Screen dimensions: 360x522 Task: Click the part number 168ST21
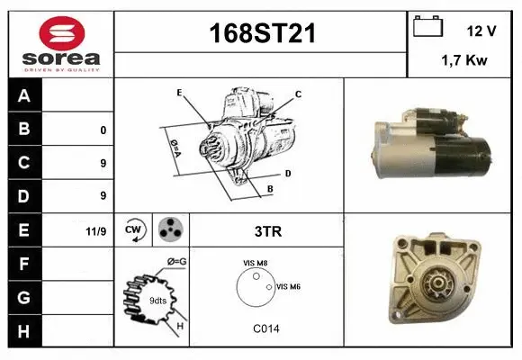[x=262, y=34]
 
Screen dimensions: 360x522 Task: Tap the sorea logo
[x=61, y=40]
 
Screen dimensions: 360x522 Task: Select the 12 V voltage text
[x=481, y=31]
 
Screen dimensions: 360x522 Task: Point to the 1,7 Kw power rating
[x=464, y=61]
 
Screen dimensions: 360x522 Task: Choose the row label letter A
[x=24, y=96]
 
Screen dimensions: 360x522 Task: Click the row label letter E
[x=24, y=229]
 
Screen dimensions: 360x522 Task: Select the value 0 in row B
[x=103, y=130]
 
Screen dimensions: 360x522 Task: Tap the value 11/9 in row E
[x=96, y=231]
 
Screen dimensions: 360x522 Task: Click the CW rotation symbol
[x=133, y=230]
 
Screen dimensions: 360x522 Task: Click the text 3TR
[x=268, y=231]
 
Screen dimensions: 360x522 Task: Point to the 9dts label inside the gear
[x=157, y=300]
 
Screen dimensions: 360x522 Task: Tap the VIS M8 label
[x=255, y=263]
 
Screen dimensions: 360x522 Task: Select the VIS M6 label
[x=289, y=286]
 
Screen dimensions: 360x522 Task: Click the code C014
[x=267, y=328]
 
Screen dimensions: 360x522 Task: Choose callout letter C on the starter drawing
[x=298, y=94]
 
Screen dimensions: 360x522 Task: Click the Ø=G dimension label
[x=176, y=262]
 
